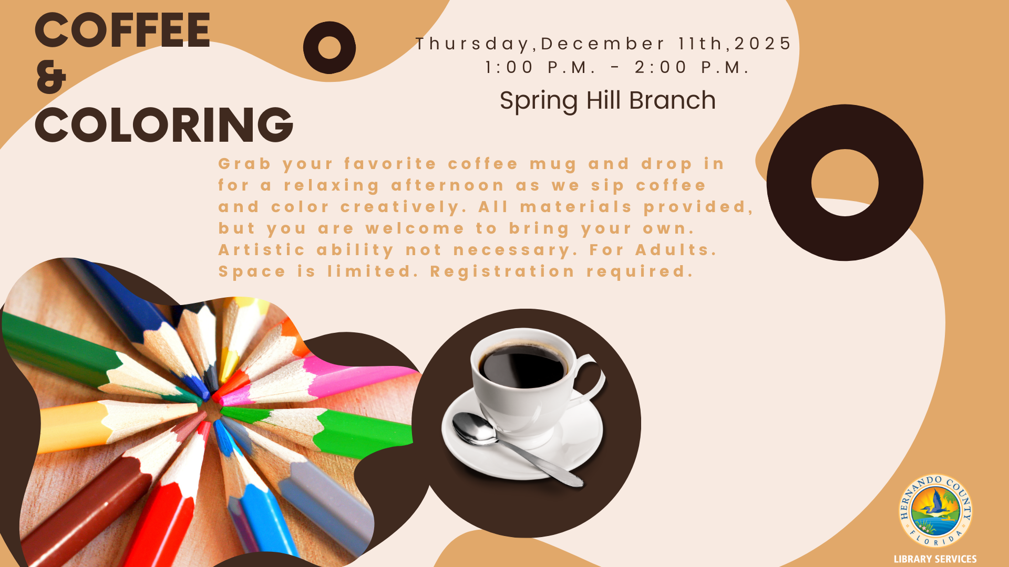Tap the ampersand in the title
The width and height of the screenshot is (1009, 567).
point(52,77)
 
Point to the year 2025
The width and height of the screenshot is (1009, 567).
point(763,43)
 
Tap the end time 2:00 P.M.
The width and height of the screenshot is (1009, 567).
point(692,67)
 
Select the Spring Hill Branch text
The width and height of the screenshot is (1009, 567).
point(608,101)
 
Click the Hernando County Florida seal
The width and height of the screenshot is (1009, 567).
point(935,511)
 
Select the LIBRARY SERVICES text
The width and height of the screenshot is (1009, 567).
point(935,559)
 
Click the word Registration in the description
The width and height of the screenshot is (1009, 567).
point(502,271)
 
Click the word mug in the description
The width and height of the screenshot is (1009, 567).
point(553,165)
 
